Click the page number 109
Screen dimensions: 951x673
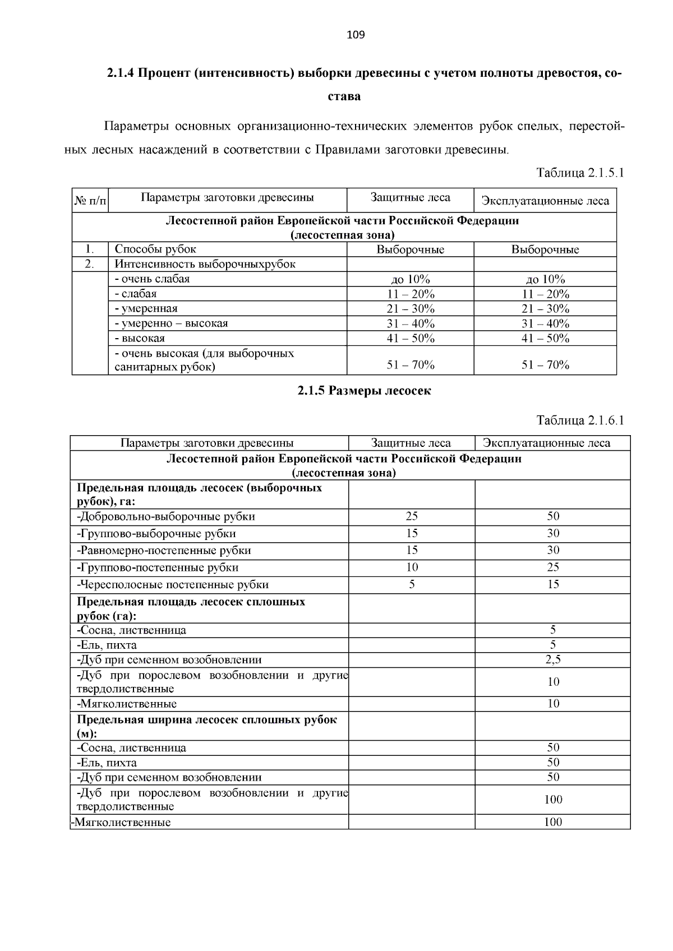point(356,35)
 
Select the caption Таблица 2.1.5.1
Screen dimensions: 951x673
point(580,173)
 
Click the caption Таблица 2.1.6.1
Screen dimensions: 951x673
point(580,421)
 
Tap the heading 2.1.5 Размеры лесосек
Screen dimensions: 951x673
point(364,391)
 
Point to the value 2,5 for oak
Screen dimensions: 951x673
point(553,660)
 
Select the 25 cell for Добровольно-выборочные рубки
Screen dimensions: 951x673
point(412,516)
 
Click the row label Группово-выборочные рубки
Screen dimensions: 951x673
point(156,534)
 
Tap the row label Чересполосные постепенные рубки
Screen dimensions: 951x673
point(173,585)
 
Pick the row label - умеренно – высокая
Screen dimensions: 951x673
point(171,324)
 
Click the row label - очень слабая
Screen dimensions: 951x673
point(152,279)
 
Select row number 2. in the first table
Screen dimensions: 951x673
point(90,264)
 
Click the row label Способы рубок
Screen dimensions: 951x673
point(155,250)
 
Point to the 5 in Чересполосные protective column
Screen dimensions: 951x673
point(412,585)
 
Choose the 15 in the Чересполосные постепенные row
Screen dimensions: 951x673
point(553,585)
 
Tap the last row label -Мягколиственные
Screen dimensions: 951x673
point(122,823)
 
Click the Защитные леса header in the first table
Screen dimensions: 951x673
point(410,198)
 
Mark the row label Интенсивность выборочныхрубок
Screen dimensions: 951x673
point(205,264)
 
